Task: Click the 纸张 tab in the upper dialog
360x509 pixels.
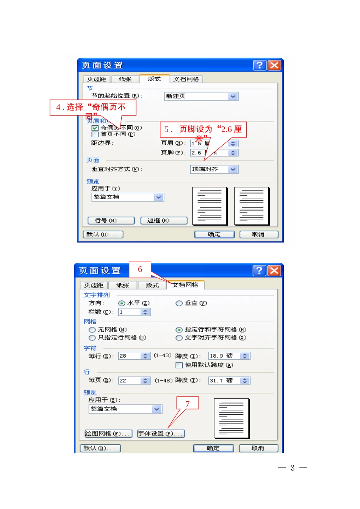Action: (x=125, y=79)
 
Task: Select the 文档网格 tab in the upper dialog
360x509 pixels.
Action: (x=186, y=79)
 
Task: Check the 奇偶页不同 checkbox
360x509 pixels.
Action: (x=95, y=128)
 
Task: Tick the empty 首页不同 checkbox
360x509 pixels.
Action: (x=95, y=134)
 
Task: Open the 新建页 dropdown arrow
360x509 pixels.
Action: (x=233, y=97)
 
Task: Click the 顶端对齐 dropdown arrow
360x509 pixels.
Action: (x=233, y=170)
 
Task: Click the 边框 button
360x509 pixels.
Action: (x=164, y=220)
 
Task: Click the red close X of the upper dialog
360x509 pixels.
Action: (x=274, y=65)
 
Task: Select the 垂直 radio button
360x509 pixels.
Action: (x=179, y=303)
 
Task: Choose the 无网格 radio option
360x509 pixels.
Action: (x=92, y=330)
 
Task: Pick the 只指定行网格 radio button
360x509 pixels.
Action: (x=92, y=338)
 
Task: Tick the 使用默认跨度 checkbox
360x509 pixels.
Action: (x=179, y=365)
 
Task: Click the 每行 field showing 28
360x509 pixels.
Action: (x=130, y=356)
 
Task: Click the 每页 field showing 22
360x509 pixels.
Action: (x=130, y=381)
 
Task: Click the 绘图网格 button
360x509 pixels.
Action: (x=108, y=434)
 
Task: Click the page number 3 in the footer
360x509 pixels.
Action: (x=293, y=468)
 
